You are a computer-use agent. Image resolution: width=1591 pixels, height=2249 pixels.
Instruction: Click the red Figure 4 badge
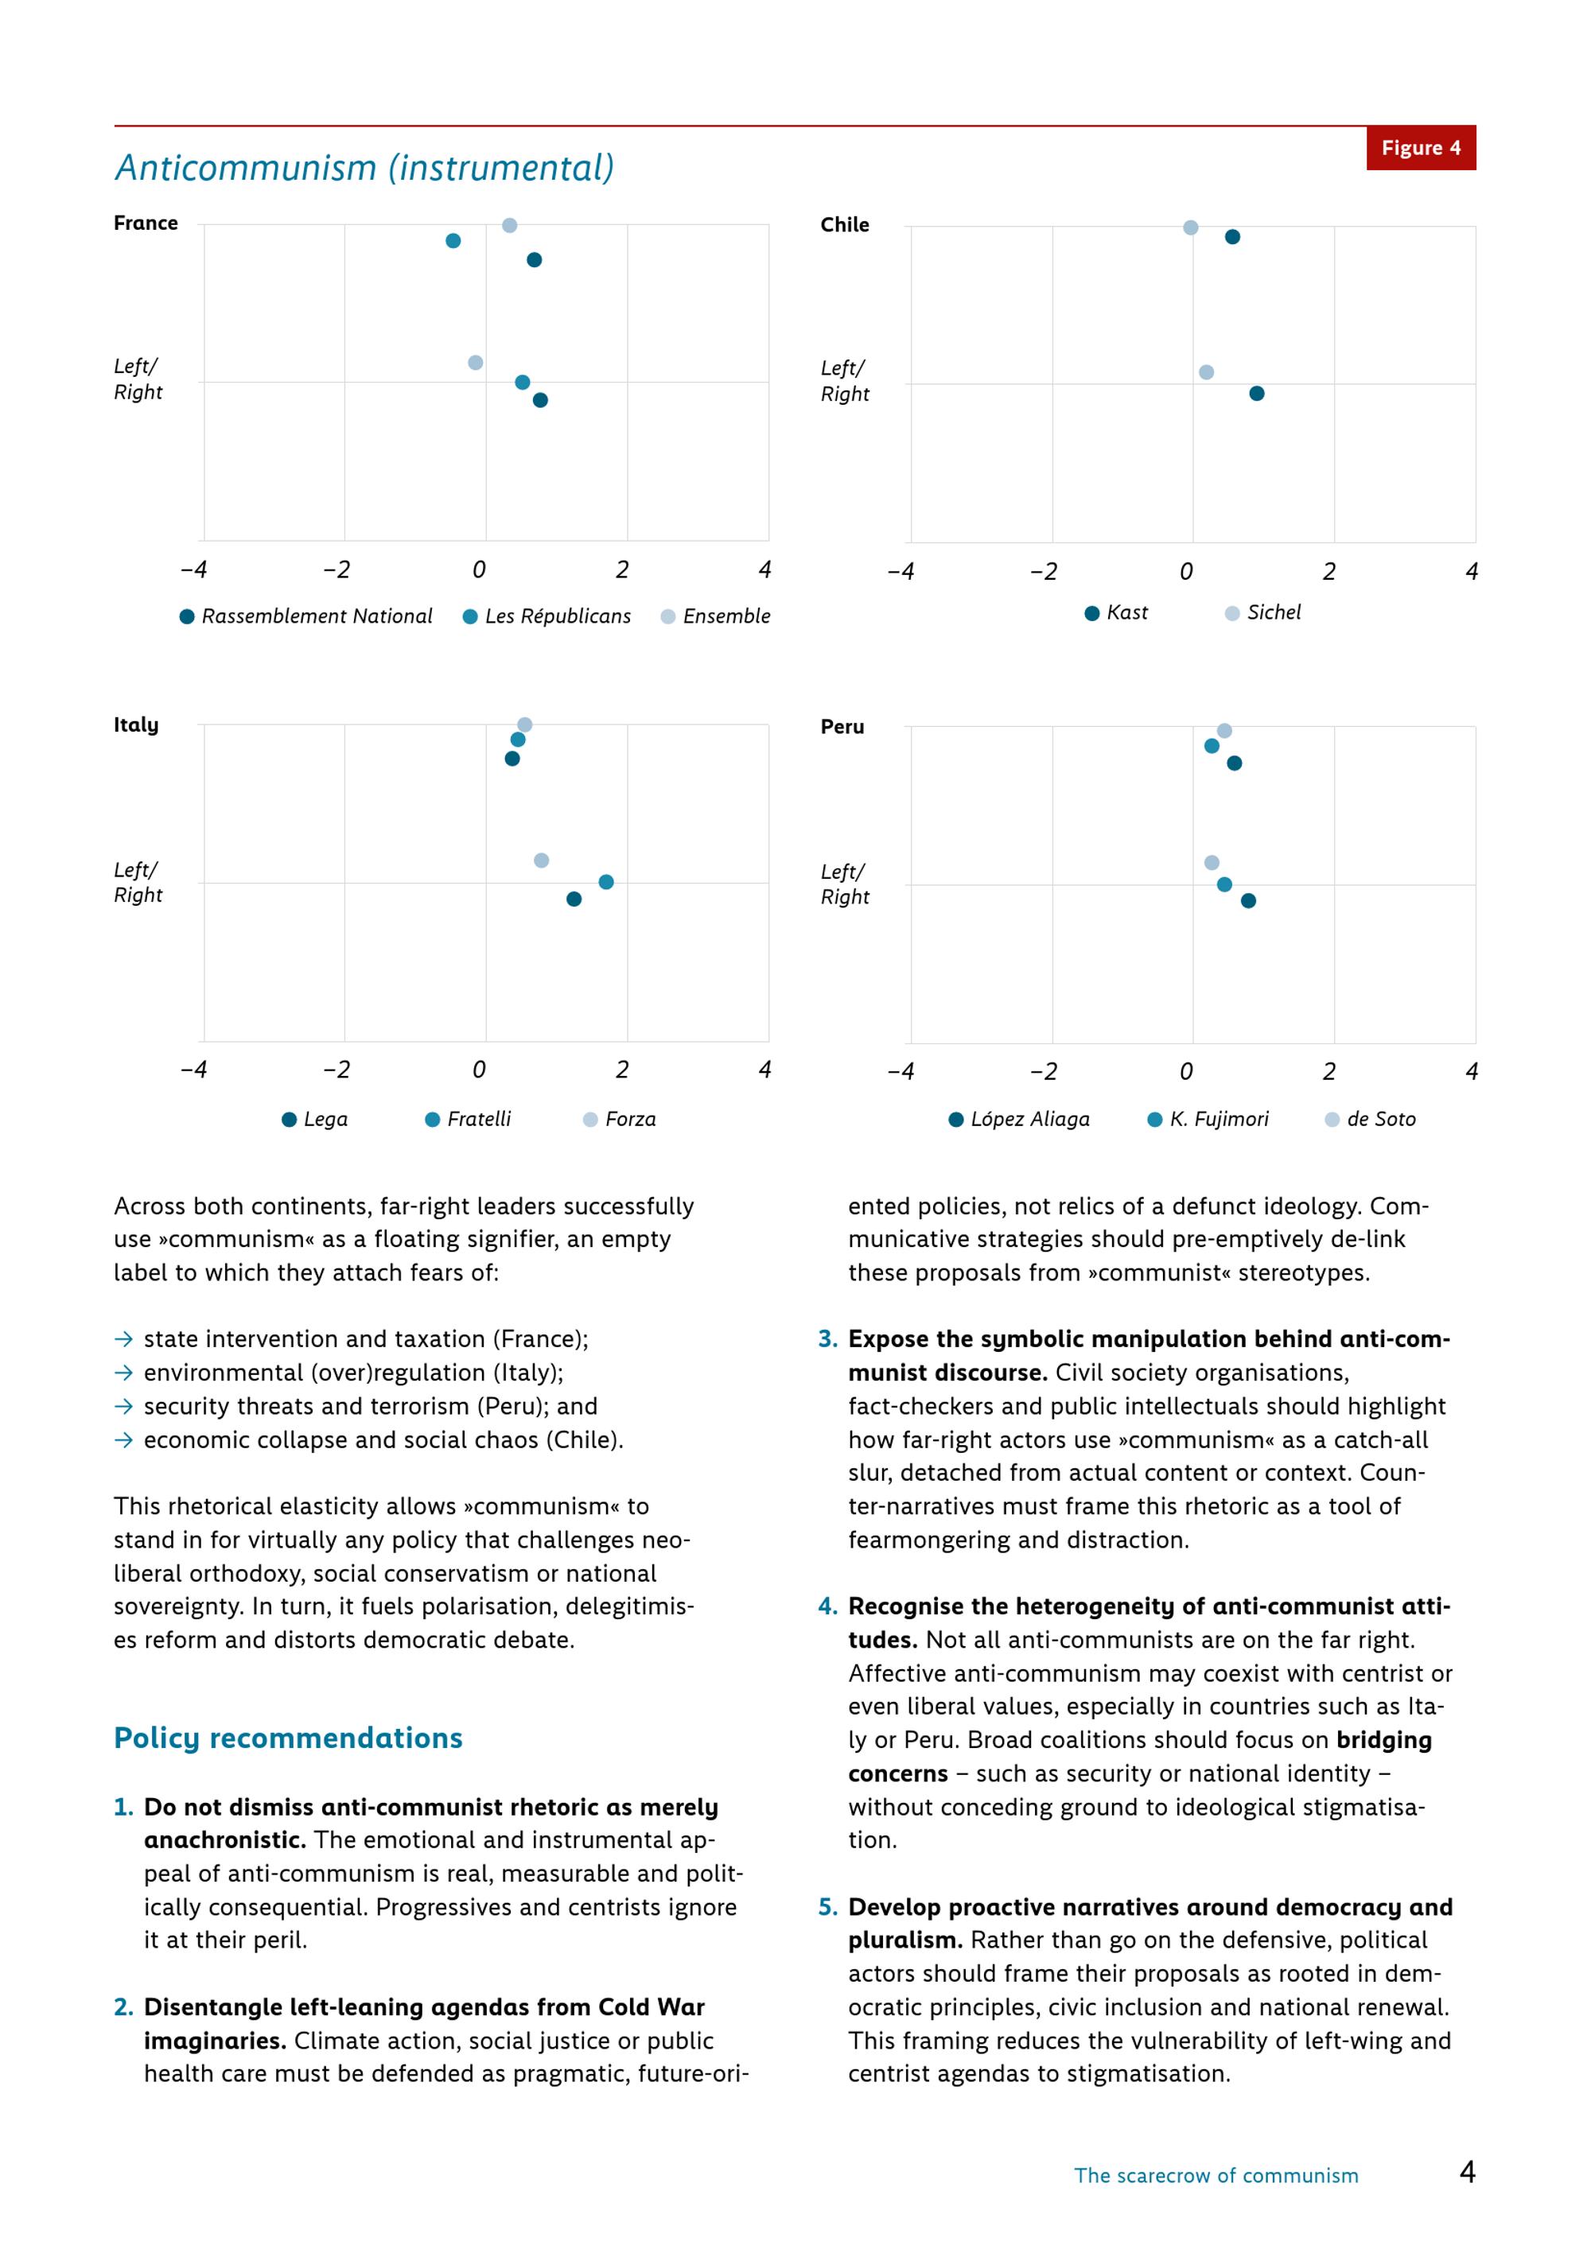[1421, 148]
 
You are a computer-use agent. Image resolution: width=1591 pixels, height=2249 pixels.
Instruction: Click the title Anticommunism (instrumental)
[364, 169]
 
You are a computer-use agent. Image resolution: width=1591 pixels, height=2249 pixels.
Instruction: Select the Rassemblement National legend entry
[305, 616]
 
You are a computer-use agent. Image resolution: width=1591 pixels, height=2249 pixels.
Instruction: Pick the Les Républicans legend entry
[547, 616]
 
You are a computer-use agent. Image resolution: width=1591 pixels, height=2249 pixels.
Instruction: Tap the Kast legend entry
[1116, 613]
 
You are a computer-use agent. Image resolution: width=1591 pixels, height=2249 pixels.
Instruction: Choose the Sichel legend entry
[1262, 613]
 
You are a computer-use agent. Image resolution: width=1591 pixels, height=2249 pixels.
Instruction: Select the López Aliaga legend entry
[1019, 1120]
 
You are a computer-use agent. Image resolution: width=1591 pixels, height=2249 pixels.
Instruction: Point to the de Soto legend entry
[1370, 1120]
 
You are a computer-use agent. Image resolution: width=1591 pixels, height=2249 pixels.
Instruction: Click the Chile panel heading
[845, 225]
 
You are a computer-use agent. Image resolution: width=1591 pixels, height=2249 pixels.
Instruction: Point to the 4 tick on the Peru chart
[1472, 1071]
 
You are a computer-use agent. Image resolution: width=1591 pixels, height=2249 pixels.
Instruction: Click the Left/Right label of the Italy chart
[138, 883]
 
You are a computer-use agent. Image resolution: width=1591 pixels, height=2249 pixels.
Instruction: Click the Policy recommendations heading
[288, 1738]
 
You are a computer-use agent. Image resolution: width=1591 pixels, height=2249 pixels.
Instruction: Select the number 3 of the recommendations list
[828, 1339]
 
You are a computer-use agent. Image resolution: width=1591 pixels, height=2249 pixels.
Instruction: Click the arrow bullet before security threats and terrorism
[123, 1407]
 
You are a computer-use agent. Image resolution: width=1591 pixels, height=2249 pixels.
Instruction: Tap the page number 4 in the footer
[1468, 2173]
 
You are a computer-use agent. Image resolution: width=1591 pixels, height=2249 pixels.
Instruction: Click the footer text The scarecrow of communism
[1216, 2176]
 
